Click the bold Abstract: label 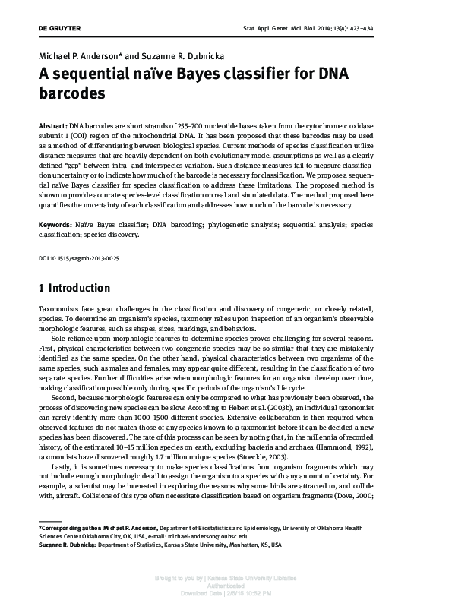coord(52,123)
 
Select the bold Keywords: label coord(55,226)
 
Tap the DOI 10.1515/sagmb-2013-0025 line coord(78,259)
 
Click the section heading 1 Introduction coord(74,289)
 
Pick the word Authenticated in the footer coord(226,586)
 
